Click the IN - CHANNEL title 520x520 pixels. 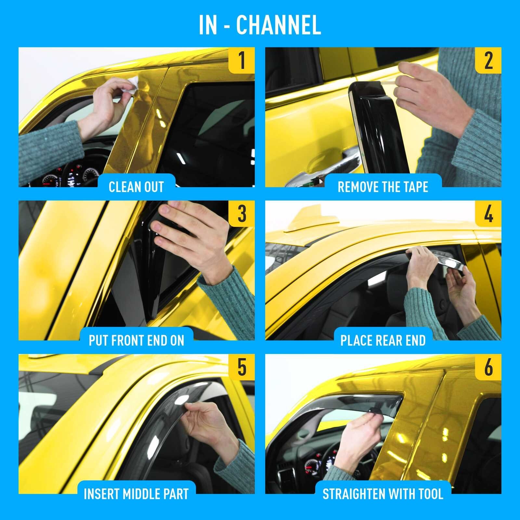260,25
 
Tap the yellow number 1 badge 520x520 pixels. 241,60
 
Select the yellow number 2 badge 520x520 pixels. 488,60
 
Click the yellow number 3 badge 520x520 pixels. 241,214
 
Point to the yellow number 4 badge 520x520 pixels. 488,214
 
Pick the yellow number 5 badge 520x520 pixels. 241,367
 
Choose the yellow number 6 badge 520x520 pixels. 488,367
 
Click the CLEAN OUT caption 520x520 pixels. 136,187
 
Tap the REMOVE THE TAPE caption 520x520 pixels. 383,187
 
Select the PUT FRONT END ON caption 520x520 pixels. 136,340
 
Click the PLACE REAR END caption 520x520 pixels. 383,340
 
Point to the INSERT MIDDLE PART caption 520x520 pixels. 136,494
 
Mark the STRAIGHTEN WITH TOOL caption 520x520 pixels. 383,494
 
